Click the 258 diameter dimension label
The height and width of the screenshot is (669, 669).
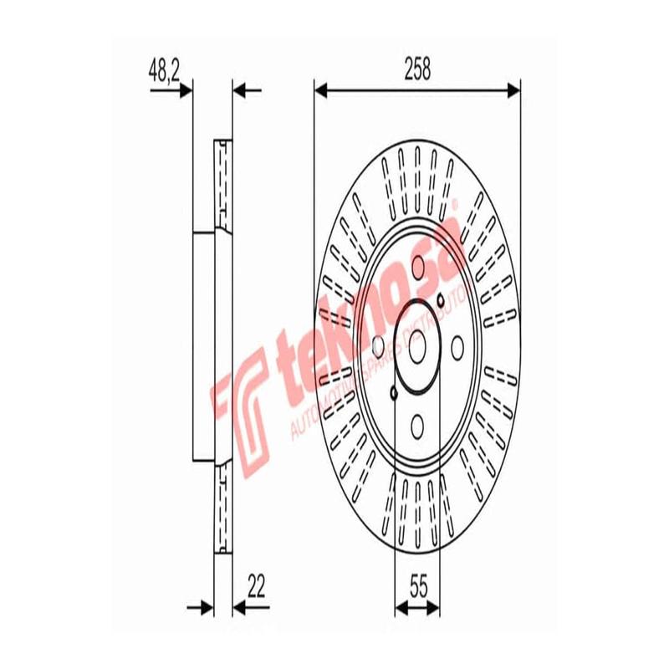coord(416,71)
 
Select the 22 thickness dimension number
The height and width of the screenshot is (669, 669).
coord(256,587)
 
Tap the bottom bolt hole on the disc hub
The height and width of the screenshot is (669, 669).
coord(417,426)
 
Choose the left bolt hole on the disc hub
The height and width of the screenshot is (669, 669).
coord(377,345)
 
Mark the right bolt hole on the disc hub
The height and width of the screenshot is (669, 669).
coord(457,345)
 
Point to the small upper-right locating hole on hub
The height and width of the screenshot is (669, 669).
coord(441,299)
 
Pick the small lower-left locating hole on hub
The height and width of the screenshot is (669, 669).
coord(394,392)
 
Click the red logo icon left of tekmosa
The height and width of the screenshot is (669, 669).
coord(243,402)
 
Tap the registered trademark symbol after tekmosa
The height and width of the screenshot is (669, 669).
coord(454,203)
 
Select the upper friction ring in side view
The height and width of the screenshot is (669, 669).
coord(222,183)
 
